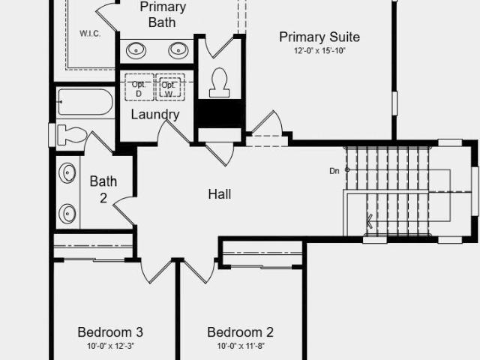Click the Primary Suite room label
click(319, 37)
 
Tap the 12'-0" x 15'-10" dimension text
click(319, 51)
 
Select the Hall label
click(220, 194)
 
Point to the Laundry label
click(155, 115)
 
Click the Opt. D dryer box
click(139, 87)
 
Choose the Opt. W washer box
click(170, 87)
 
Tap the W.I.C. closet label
click(90, 33)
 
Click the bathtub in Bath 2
click(85, 102)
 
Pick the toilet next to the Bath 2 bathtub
click(72, 135)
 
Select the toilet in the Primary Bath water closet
click(219, 83)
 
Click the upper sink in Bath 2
click(67, 173)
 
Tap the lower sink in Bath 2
click(67, 213)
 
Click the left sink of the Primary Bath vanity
click(136, 50)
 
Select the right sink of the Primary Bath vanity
click(178, 50)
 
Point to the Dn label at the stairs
click(334, 171)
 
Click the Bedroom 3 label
click(110, 332)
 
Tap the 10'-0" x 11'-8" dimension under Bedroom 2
click(241, 346)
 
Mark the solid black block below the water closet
click(220, 113)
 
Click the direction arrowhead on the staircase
click(369, 220)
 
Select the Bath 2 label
click(103, 190)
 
